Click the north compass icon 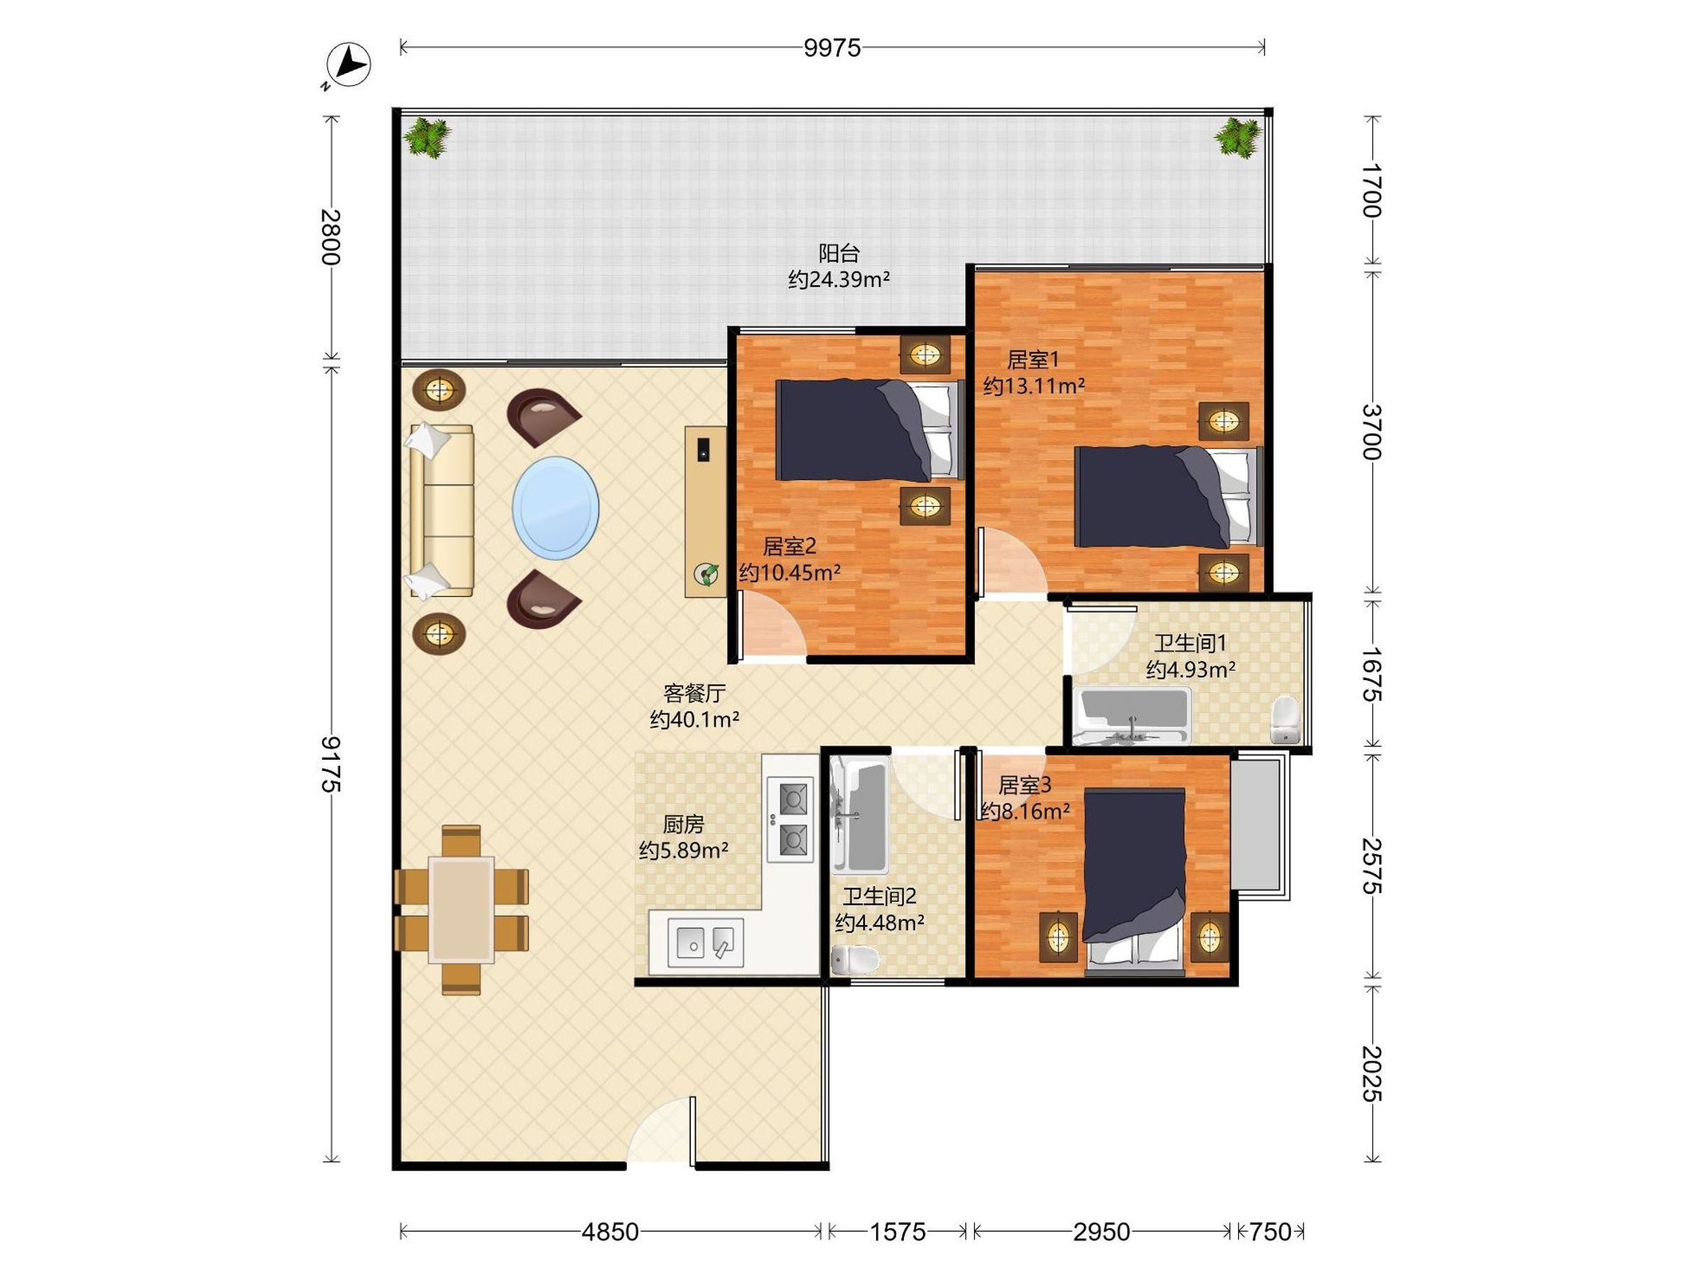347,64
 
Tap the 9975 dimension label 832,48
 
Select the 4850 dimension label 610,1232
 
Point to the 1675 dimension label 1372,673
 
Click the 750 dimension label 1269,1232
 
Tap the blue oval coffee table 555,508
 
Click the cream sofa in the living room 442,510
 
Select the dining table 461,910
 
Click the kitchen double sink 705,942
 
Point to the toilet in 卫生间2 855,960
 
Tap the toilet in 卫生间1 1284,720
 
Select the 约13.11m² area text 1034,385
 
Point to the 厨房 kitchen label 683,824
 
